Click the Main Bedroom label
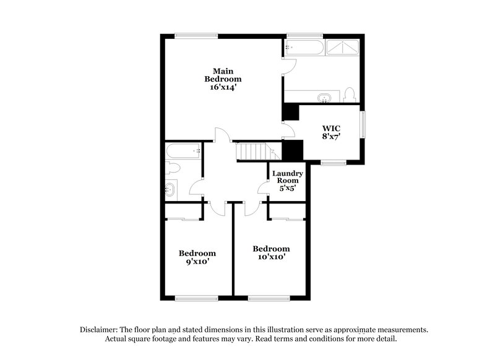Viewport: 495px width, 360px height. (x=223, y=75)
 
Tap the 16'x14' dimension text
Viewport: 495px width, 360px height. (x=223, y=88)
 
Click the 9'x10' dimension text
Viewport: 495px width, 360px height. (x=197, y=262)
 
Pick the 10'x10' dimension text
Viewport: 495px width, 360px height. (x=271, y=257)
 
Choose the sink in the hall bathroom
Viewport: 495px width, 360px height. (x=170, y=190)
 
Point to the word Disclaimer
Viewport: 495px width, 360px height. (x=101, y=330)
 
